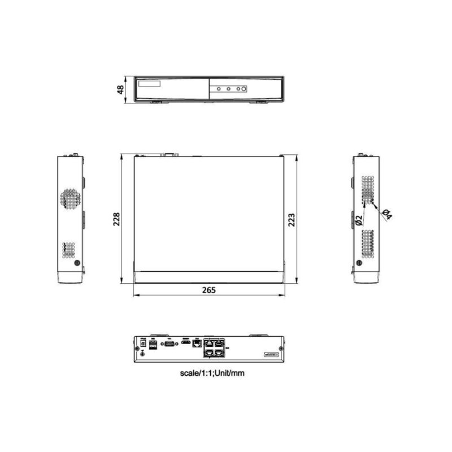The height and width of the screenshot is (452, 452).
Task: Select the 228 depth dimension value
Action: pyautogui.click(x=116, y=220)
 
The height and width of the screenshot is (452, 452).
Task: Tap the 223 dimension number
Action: pyautogui.click(x=292, y=220)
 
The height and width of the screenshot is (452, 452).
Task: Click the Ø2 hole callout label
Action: pyautogui.click(x=358, y=220)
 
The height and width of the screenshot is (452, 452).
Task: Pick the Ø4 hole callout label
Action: pyautogui.click(x=387, y=215)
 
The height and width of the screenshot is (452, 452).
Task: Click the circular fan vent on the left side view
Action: pyautogui.click(x=71, y=198)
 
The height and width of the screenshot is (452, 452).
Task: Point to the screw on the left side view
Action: pyautogui.click(x=77, y=263)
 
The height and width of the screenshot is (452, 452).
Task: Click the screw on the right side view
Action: pyautogui.click(x=359, y=263)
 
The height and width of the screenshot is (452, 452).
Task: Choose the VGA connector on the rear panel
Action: pyautogui.click(x=168, y=342)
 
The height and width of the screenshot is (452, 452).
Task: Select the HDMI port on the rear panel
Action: pyautogui.click(x=185, y=342)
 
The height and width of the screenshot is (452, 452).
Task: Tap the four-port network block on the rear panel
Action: pyautogui.click(x=214, y=346)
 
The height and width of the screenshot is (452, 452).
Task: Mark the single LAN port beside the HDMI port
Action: pyautogui.click(x=197, y=343)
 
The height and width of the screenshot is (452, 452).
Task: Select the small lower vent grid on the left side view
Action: pyautogui.click(x=68, y=249)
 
